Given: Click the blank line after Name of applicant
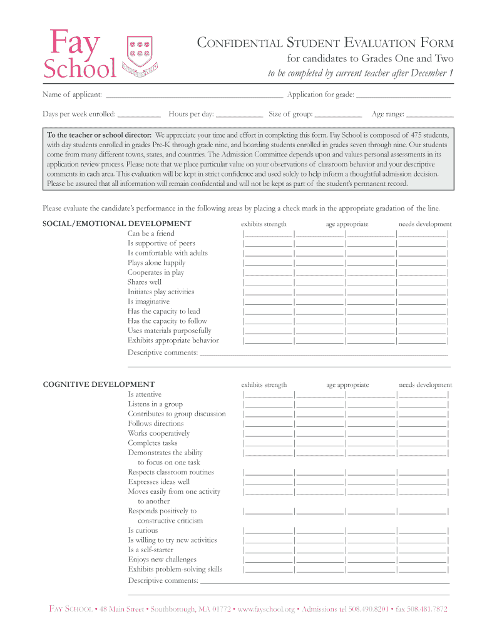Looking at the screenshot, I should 194,96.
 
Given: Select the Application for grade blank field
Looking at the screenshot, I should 403,96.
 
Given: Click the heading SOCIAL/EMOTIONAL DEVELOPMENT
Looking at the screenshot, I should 117,223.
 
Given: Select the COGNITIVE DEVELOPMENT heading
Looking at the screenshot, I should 98,384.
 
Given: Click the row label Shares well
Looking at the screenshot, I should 145,282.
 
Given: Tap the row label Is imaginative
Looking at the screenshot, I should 148,302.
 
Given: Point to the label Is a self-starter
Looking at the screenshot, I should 151,550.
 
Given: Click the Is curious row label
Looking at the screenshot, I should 143,530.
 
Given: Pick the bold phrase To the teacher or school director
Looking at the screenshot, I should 100,135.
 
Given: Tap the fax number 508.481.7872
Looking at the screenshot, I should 421,608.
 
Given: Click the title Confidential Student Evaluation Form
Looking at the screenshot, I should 326,43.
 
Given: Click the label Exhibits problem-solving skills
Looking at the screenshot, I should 175,569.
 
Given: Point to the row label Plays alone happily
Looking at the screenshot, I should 156,263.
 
